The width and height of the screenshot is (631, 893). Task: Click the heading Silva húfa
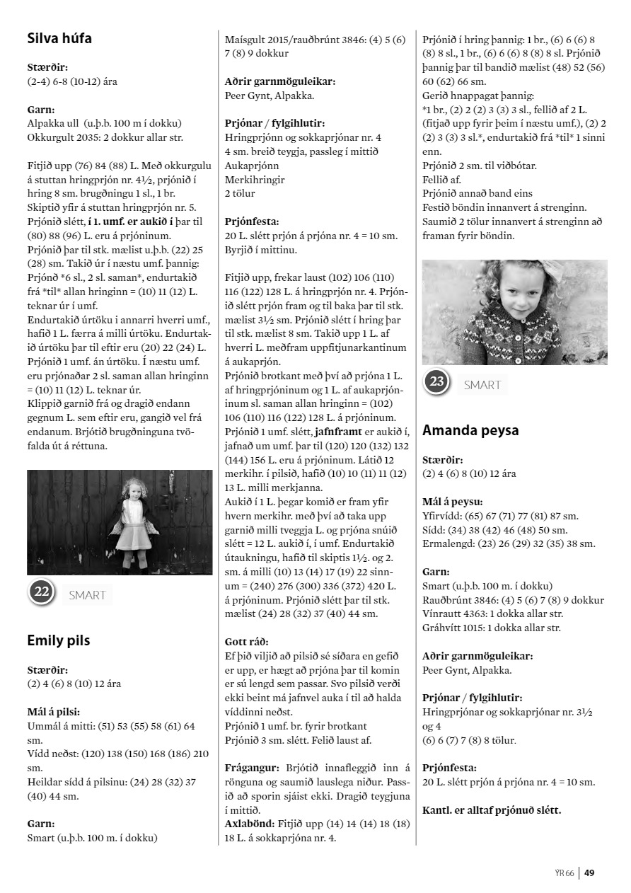(x=59, y=38)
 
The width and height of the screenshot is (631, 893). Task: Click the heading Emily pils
(x=59, y=640)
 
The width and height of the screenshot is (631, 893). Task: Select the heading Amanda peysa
(x=470, y=430)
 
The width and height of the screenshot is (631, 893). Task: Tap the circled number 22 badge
(x=42, y=592)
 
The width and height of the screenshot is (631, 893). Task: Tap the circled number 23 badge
(x=437, y=383)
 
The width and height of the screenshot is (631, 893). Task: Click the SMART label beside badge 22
(x=87, y=595)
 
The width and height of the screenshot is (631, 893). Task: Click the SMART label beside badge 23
(x=482, y=385)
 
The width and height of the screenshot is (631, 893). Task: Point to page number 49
(x=589, y=872)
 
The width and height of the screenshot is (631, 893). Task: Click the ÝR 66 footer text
(x=565, y=872)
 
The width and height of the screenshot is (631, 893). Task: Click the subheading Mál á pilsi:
(x=53, y=712)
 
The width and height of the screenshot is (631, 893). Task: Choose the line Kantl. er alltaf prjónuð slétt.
(x=492, y=810)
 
